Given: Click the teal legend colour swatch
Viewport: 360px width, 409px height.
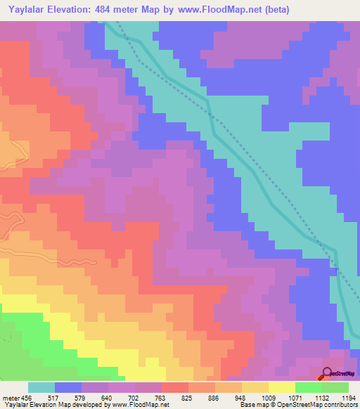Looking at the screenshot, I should tap(41, 387).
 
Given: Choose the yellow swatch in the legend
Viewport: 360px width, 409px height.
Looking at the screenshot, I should tap(282, 387).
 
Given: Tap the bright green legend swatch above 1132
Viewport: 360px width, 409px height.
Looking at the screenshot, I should tap(309, 387).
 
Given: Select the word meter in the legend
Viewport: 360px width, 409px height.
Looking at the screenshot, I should tap(11, 398).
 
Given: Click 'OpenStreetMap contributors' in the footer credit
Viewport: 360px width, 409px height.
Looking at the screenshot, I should tap(319, 405).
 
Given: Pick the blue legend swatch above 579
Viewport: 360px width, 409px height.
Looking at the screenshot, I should tap(68, 387).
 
